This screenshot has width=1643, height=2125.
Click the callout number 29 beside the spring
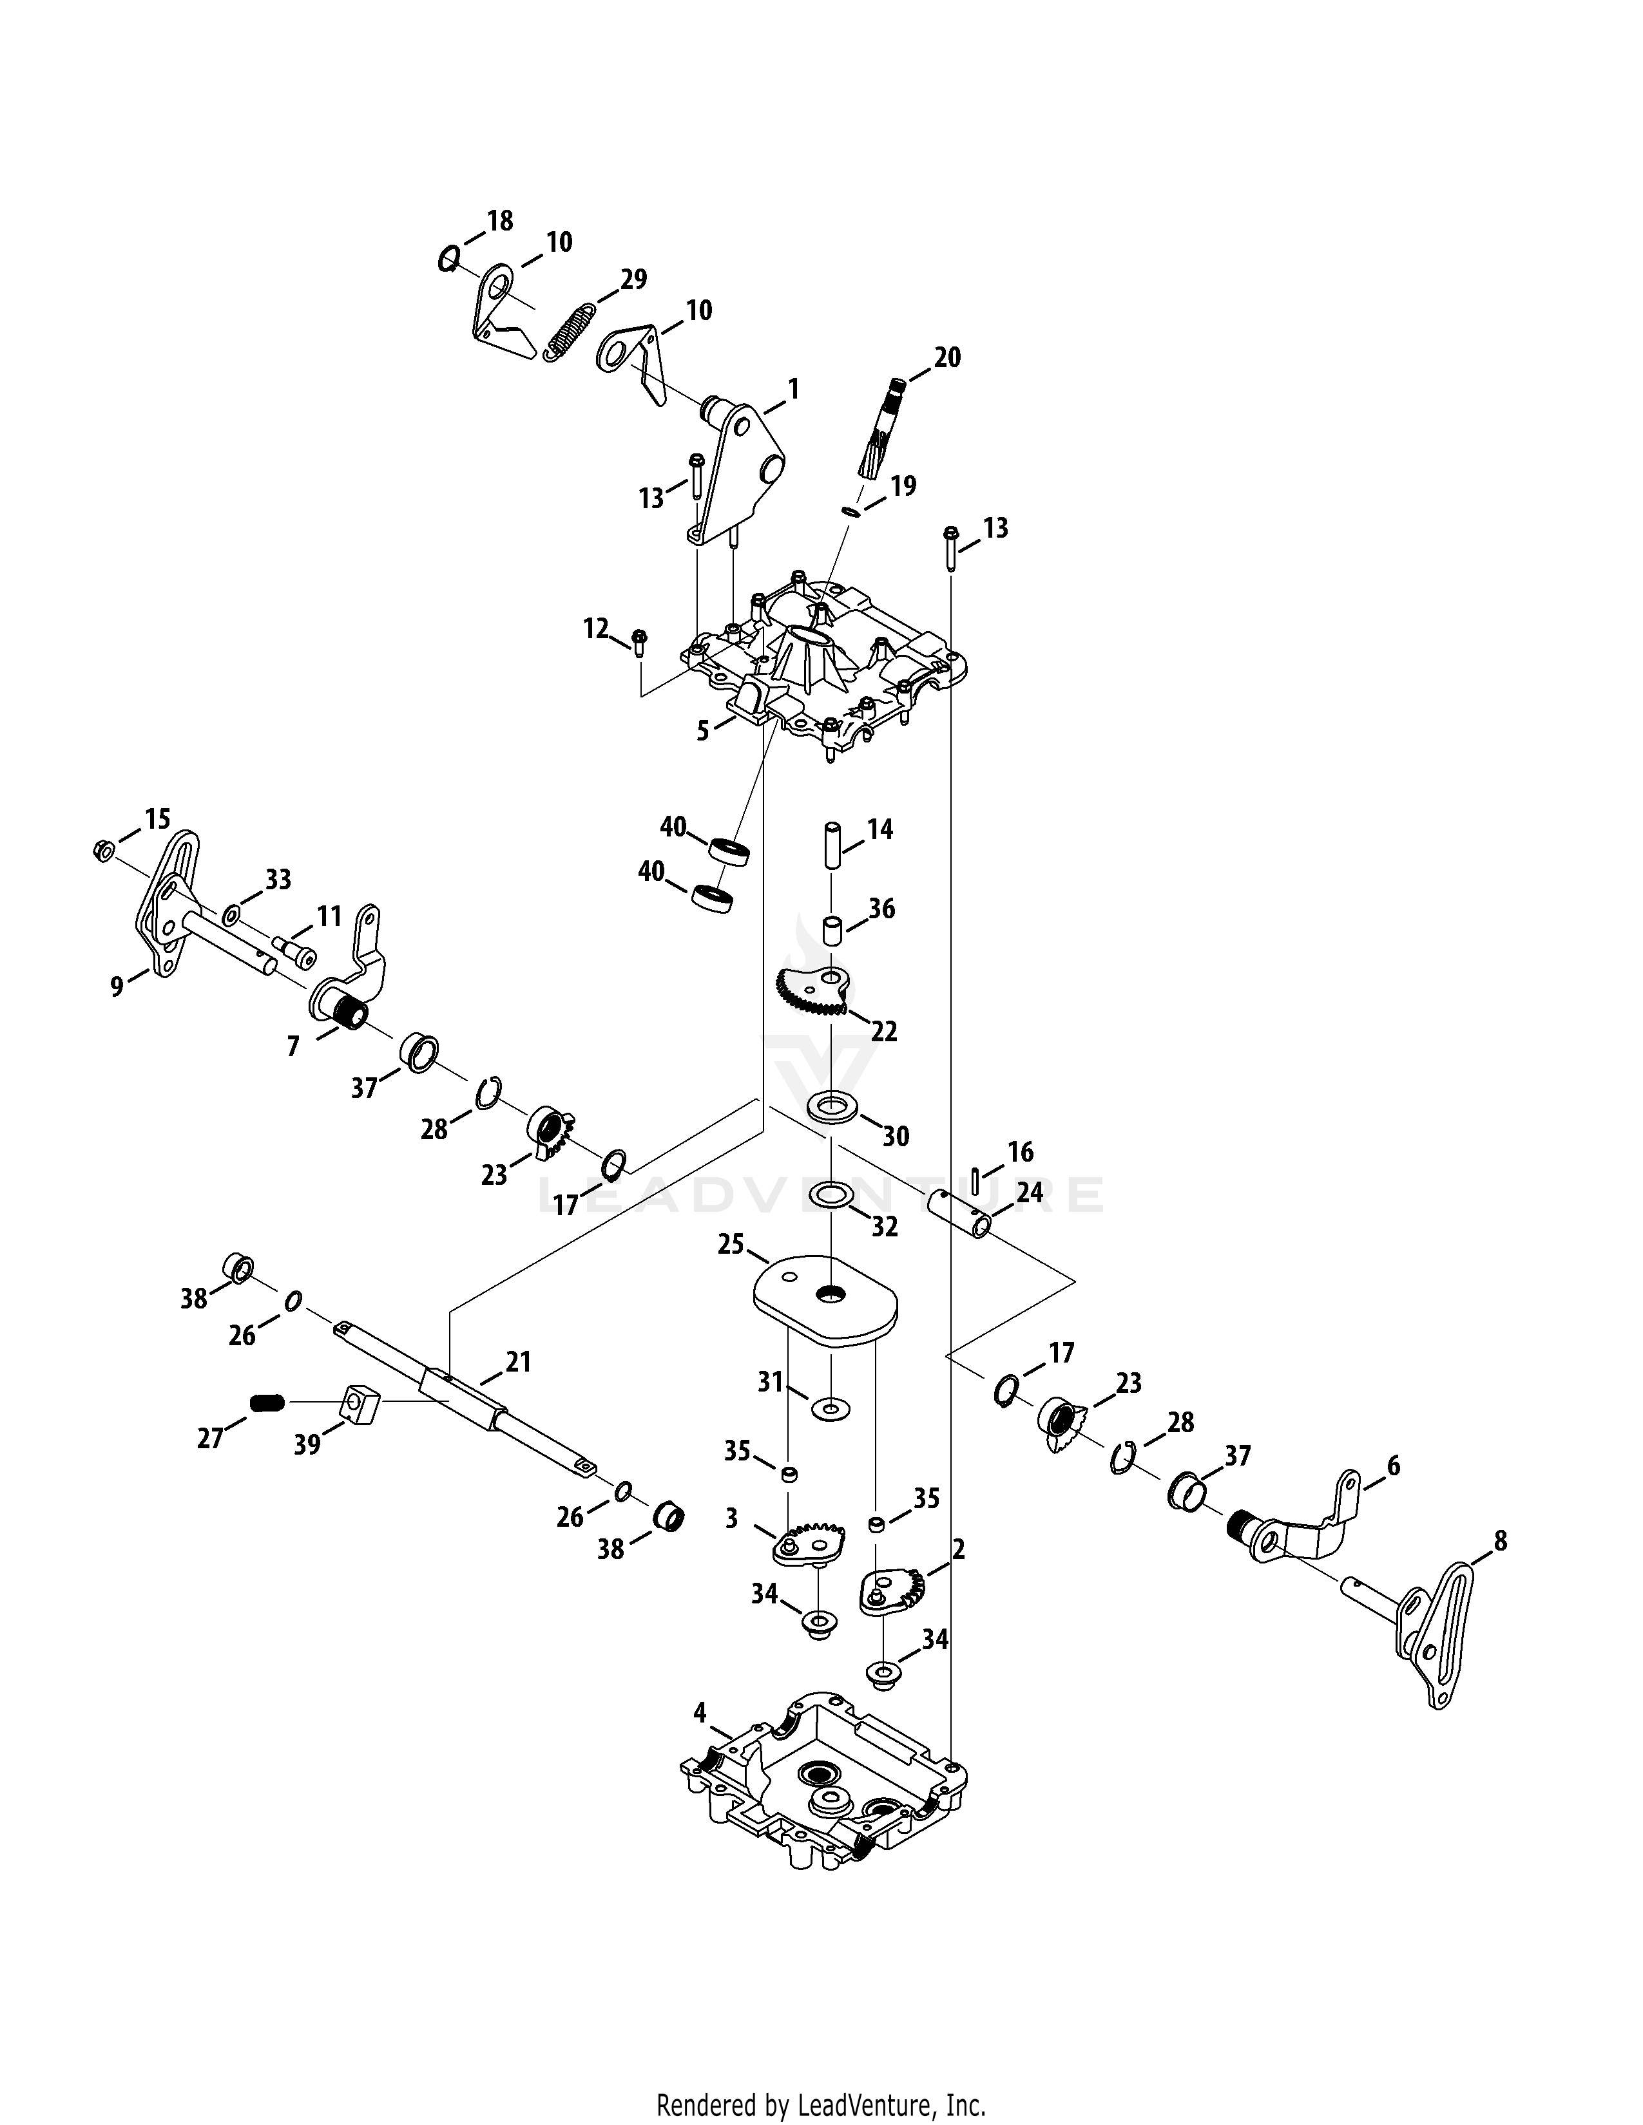click(x=633, y=279)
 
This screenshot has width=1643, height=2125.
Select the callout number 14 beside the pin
click(x=880, y=829)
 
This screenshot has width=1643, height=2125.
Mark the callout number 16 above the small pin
click(x=1020, y=1152)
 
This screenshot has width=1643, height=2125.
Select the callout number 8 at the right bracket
click(x=1500, y=1540)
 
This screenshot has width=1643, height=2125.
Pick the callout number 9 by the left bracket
click(x=117, y=987)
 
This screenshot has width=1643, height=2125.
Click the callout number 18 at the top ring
click(x=499, y=221)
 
